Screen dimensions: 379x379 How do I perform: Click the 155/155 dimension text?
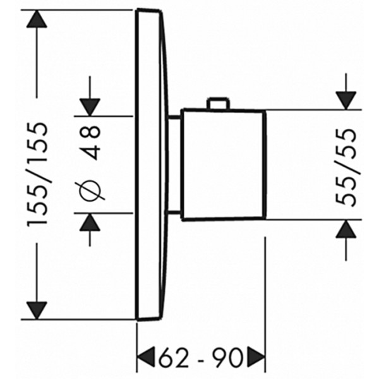37,175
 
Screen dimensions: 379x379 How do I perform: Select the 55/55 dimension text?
346,167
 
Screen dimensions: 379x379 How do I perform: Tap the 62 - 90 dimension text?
200,358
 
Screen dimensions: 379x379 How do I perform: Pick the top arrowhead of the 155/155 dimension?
37,19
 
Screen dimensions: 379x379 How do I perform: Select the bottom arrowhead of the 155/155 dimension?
37,311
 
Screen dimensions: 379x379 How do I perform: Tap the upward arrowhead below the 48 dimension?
90,222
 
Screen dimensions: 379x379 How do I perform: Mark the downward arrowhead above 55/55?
346,100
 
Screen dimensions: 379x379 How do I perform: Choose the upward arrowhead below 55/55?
346,229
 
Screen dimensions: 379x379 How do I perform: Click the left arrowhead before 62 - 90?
146,358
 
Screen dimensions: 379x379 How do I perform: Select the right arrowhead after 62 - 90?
256,358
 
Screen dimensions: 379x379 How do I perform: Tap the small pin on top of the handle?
218,103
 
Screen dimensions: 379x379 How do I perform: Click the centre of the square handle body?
224,165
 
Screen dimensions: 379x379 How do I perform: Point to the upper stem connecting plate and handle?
174,117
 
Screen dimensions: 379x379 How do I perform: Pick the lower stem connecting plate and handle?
173,212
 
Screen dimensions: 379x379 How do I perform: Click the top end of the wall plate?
148,10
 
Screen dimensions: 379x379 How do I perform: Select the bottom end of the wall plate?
148,319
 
